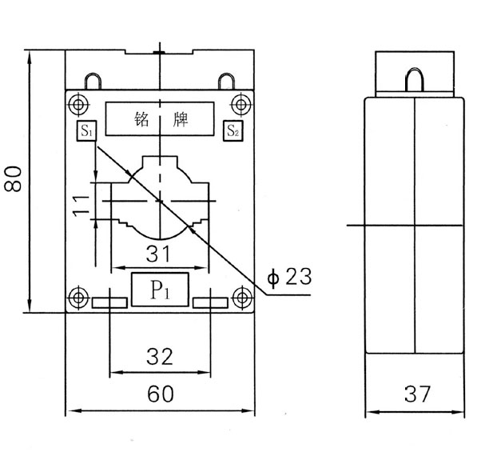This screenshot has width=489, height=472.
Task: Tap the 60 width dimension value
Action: [x=158, y=394]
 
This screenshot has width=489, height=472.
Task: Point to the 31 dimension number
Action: [x=160, y=254]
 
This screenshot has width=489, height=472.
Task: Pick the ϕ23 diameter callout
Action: [x=288, y=277]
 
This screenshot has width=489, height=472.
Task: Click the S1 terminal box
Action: [x=85, y=130]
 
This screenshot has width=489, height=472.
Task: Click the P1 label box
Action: [x=158, y=289]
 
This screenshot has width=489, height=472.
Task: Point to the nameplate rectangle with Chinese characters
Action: [x=159, y=118]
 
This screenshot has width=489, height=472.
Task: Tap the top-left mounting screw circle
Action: [x=78, y=104]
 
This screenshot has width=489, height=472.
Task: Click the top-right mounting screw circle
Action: [x=240, y=104]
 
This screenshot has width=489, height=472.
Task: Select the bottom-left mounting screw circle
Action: [x=78, y=298]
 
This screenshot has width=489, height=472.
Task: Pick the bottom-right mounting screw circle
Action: [x=240, y=298]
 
